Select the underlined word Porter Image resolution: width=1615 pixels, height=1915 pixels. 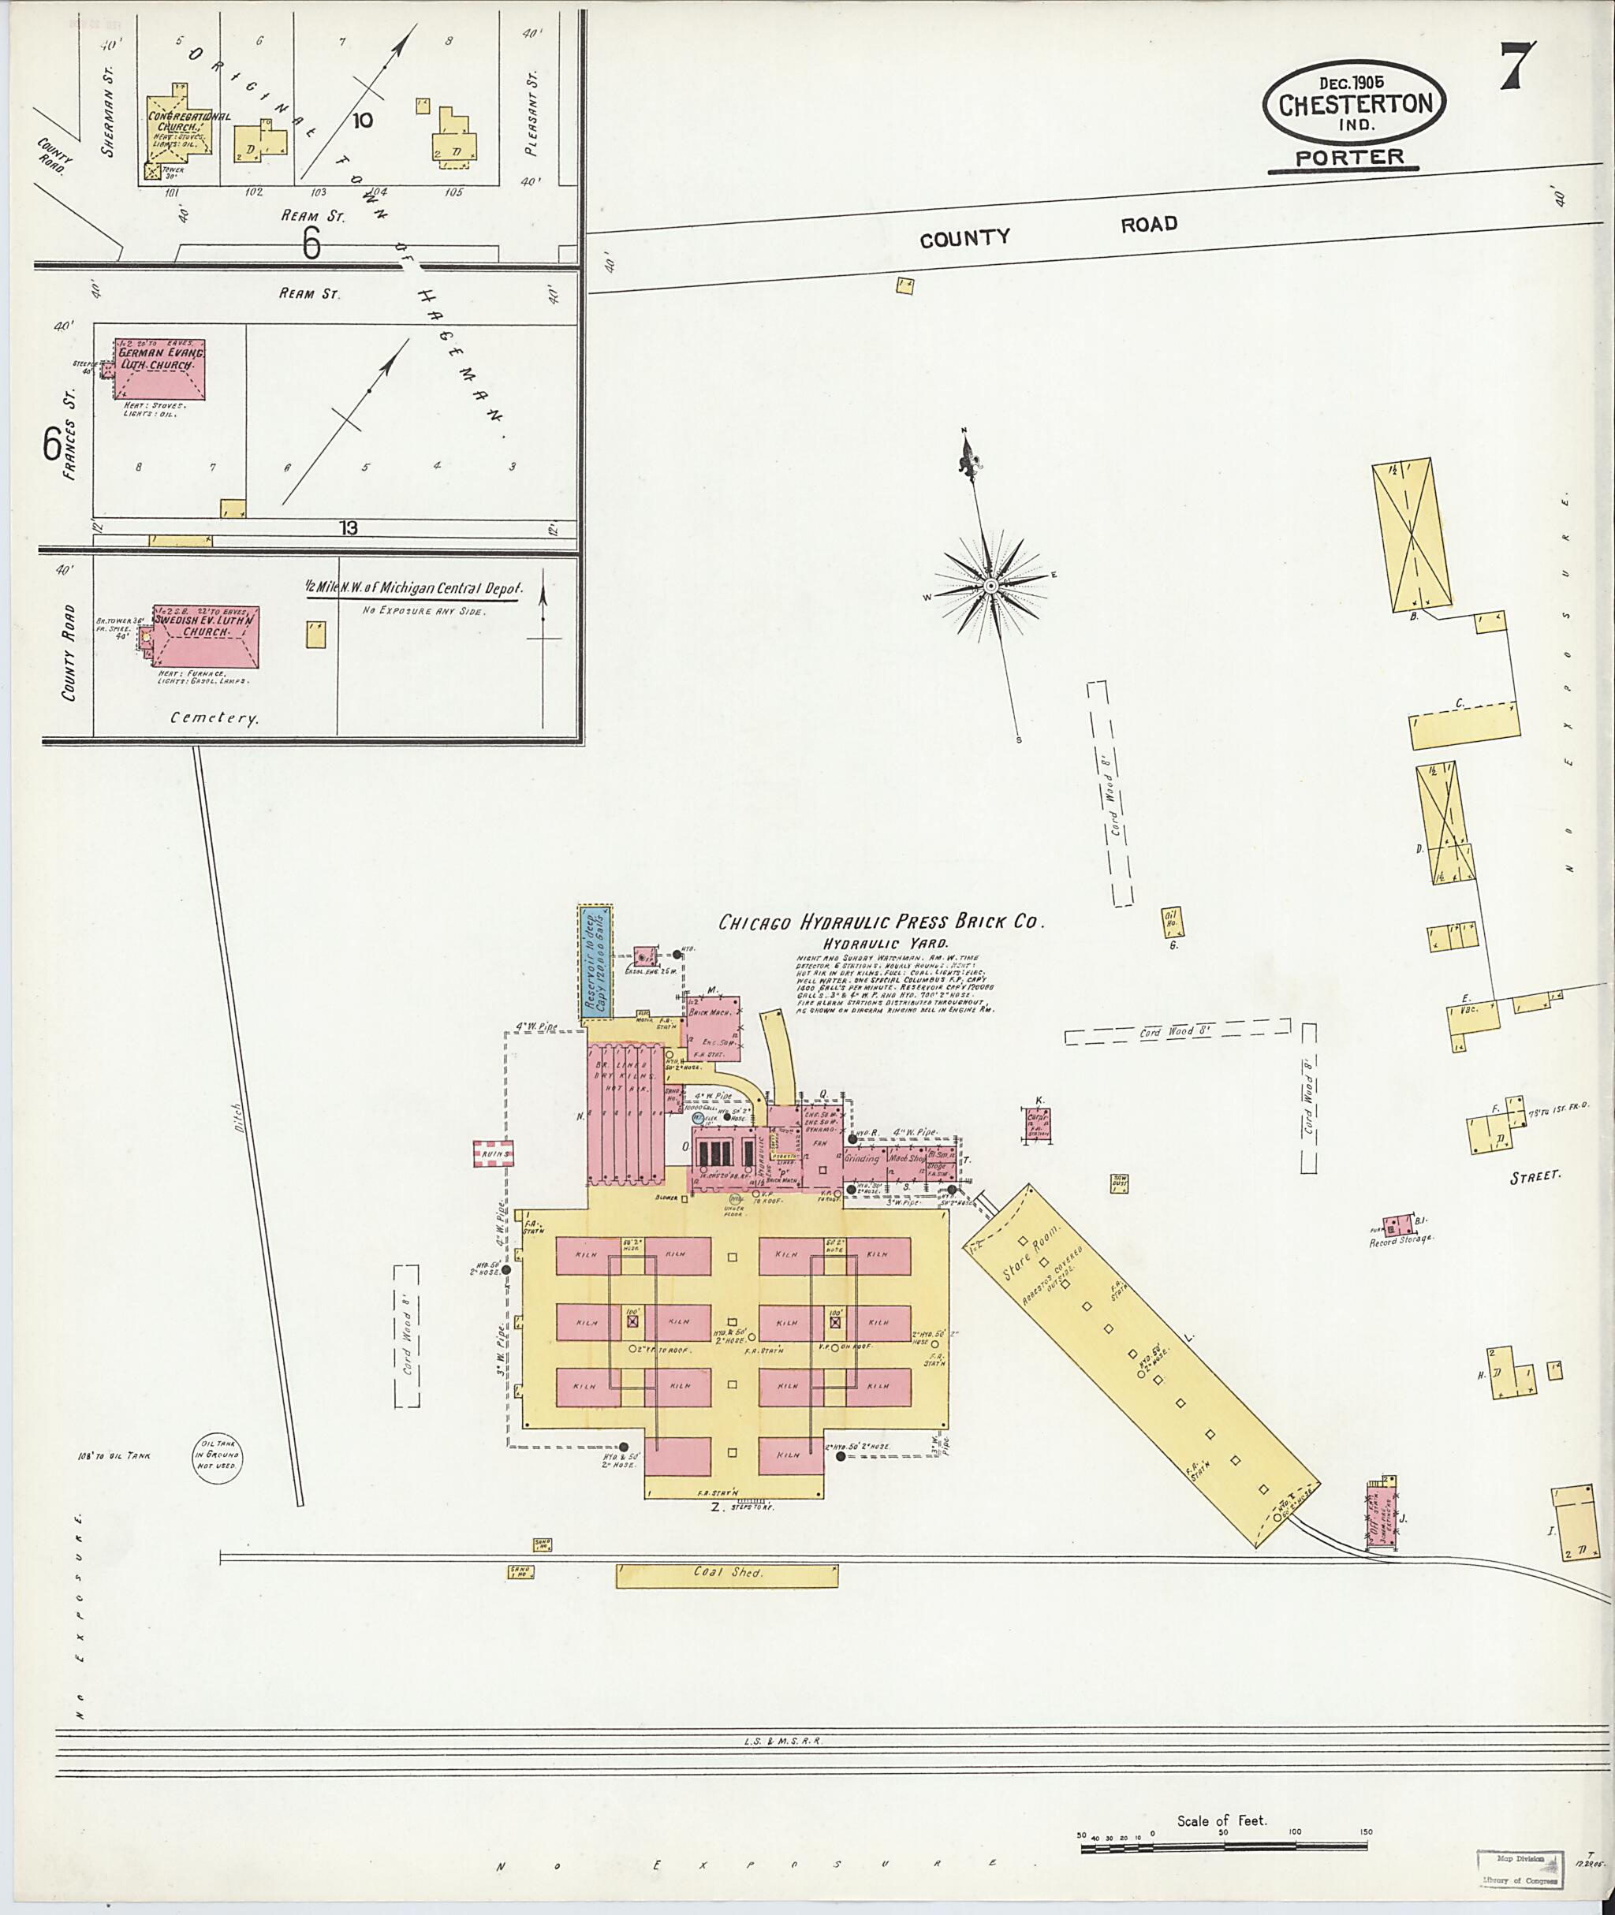tap(1349, 158)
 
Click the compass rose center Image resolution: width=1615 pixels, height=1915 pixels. tap(990, 585)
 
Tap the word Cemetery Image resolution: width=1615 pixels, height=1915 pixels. tap(214, 718)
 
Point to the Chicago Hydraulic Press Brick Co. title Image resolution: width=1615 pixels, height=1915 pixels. tap(880, 922)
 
